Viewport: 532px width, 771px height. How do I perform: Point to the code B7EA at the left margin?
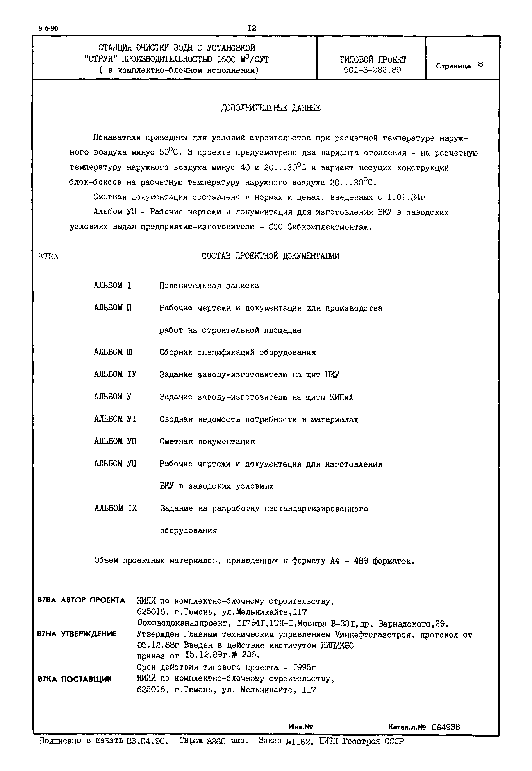[x=48, y=257]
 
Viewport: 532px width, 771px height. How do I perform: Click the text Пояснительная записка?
[x=209, y=286]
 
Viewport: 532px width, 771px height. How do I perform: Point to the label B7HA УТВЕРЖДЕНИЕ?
[x=77, y=634]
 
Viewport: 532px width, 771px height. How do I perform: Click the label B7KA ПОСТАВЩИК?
[x=75, y=679]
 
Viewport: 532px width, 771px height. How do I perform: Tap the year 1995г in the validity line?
[x=304, y=667]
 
